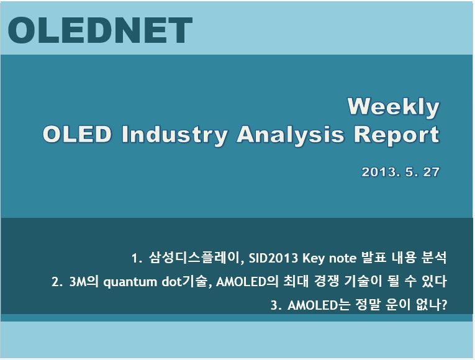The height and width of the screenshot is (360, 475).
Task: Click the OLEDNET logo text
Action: [x=100, y=30]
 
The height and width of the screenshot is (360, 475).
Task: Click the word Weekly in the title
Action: [x=393, y=107]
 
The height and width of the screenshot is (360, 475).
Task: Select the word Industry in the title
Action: [x=174, y=135]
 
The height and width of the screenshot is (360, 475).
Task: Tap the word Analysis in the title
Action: [x=290, y=135]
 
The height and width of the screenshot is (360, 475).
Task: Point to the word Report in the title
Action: [x=397, y=135]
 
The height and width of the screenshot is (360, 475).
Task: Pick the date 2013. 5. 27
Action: [x=400, y=172]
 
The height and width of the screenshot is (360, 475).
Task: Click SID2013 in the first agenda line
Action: [x=273, y=258]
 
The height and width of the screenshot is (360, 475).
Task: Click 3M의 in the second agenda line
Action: [x=84, y=282]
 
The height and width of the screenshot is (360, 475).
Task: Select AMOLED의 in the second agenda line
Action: [x=247, y=282]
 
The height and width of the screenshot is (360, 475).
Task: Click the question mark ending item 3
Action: [x=445, y=305]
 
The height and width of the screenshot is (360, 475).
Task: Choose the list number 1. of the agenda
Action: [x=137, y=258]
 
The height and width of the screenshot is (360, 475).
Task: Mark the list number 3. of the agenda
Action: [x=276, y=305]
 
